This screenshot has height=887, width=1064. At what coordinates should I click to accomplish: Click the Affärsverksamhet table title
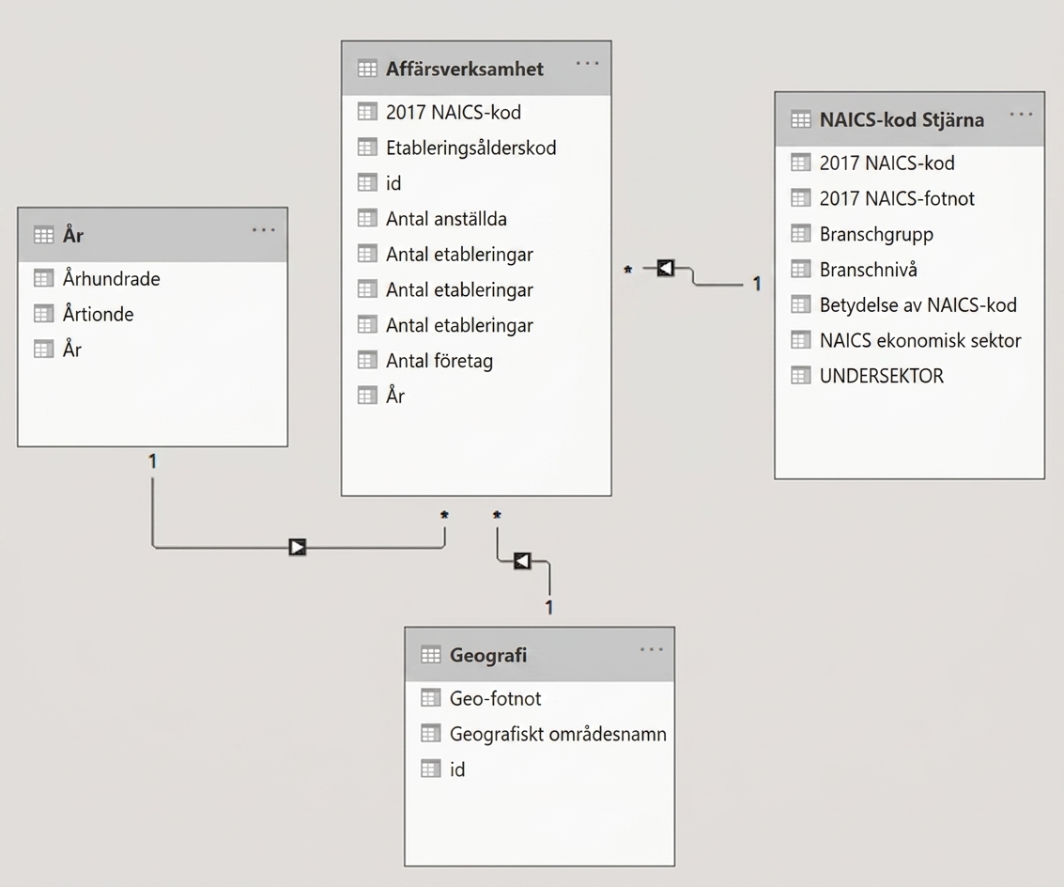464,69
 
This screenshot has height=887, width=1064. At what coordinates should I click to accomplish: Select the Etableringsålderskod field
470,148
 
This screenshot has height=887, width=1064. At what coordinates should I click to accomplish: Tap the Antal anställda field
446,219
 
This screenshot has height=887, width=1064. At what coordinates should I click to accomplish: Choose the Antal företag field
439,361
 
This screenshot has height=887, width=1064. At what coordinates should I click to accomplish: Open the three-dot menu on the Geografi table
652,649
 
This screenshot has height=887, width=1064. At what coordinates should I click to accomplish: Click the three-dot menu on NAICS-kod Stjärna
1021,114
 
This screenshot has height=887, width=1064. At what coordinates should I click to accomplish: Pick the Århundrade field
112,278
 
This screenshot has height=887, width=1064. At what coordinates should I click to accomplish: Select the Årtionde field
98,314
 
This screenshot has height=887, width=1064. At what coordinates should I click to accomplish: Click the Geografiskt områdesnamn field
558,734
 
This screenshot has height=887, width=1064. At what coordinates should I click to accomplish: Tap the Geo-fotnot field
495,698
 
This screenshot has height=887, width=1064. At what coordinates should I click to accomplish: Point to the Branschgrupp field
876,234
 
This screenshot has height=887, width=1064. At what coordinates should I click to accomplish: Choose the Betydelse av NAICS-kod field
918,305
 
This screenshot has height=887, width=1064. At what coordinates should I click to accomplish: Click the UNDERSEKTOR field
882,376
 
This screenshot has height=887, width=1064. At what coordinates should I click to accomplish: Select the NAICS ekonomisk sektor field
920,340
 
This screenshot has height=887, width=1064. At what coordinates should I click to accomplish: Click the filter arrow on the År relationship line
297,547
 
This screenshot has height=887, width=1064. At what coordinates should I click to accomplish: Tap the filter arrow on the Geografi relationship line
522,561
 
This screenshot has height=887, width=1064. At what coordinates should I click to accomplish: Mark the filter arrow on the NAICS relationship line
666,269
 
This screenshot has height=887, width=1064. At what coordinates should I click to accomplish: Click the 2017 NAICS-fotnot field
897,198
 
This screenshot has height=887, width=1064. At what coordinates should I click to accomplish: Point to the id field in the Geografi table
457,770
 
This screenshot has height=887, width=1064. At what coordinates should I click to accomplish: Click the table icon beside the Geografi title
431,655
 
